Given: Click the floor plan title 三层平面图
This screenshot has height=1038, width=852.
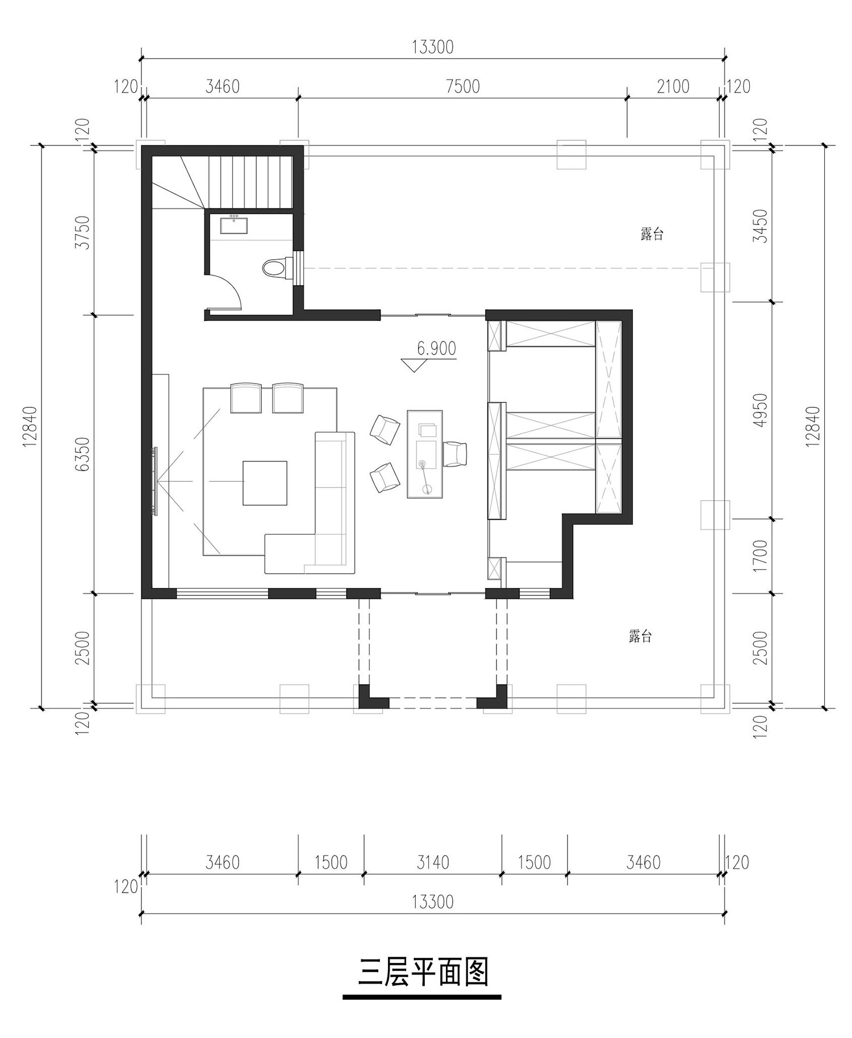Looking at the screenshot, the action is point(423,972).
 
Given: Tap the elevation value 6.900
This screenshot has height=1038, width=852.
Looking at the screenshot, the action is point(436,348).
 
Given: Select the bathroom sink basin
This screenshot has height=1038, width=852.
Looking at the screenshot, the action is point(233,225).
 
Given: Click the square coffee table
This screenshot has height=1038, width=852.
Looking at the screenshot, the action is point(265,483).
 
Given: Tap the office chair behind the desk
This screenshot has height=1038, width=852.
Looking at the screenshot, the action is point(455,453).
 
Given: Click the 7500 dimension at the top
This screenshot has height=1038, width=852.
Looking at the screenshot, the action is point(463,86).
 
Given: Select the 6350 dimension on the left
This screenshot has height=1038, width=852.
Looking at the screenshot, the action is point(83,454).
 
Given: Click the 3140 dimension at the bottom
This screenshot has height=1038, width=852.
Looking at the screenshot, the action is point(433,862).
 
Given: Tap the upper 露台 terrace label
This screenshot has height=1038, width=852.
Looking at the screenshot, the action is point(651,234).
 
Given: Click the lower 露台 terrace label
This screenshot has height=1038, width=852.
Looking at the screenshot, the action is point(640,636).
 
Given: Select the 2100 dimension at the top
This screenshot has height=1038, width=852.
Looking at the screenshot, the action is point(673,86).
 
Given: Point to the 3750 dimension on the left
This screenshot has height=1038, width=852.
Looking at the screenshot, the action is point(83,232).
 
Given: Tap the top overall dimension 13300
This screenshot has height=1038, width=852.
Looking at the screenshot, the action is point(433,47).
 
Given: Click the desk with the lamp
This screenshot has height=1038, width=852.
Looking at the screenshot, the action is point(425,455).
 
